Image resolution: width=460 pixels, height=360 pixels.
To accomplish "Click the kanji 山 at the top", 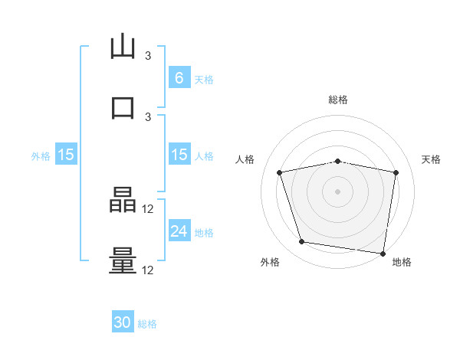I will [123, 47].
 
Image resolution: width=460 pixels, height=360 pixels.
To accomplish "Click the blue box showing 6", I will [179, 77].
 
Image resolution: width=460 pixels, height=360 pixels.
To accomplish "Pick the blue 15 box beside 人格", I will [179, 155].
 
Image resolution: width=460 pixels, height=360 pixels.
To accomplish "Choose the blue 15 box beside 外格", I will [66, 155].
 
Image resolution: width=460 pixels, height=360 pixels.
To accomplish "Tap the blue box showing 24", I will [179, 231].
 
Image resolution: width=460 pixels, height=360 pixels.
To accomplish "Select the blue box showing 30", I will [123, 322].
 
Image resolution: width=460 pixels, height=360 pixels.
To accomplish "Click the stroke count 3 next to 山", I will [148, 56].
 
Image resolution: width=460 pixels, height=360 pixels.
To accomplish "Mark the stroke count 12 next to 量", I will [148, 270].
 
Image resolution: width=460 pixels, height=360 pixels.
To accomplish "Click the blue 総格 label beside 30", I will [147, 324].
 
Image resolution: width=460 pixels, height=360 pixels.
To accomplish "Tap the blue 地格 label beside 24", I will [204, 232].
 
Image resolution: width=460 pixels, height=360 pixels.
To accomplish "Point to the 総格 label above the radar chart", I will [338, 100].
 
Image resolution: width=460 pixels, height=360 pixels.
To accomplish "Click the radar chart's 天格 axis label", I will [432, 159].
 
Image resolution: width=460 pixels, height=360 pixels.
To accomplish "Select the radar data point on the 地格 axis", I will [383, 253].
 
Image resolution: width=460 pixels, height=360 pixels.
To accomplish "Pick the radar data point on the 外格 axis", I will [301, 242].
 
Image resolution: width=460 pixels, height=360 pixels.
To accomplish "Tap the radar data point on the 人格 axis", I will [280, 172].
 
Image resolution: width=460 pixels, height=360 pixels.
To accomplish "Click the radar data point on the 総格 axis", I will [338, 161].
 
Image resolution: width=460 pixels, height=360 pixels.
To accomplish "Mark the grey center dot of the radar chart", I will [338, 191].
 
